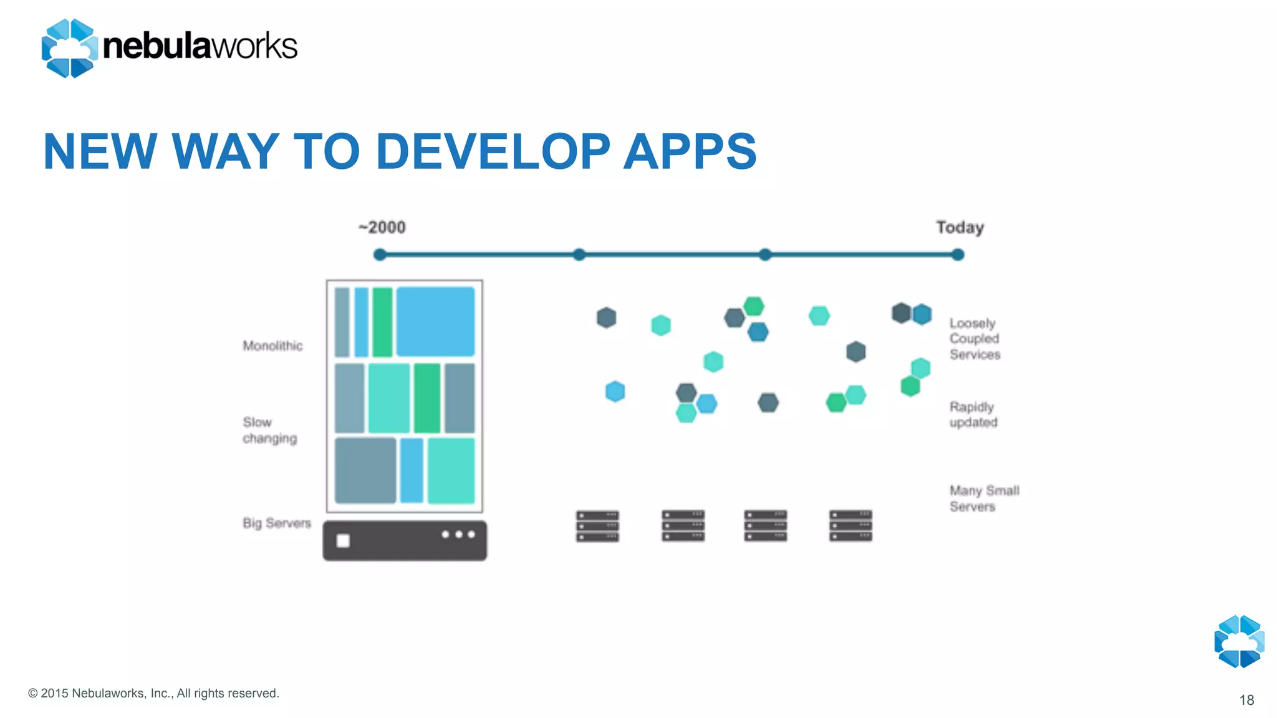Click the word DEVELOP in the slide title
[493, 151]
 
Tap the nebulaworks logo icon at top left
[69, 48]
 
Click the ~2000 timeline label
[382, 227]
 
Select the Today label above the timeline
[960, 227]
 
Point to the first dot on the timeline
[380, 254]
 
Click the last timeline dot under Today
[958, 254]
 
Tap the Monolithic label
[272, 346]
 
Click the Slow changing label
[269, 430]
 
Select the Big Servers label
[276, 523]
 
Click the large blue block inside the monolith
[435, 322]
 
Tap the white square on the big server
[343, 540]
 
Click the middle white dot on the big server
[458, 534]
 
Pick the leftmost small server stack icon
[597, 525]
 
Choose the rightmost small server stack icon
[851, 525]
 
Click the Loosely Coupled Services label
[975, 338]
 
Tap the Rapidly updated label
[973, 414]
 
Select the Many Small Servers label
[984, 498]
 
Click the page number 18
[1246, 700]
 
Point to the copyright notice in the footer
[153, 693]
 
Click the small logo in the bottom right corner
[1239, 641]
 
